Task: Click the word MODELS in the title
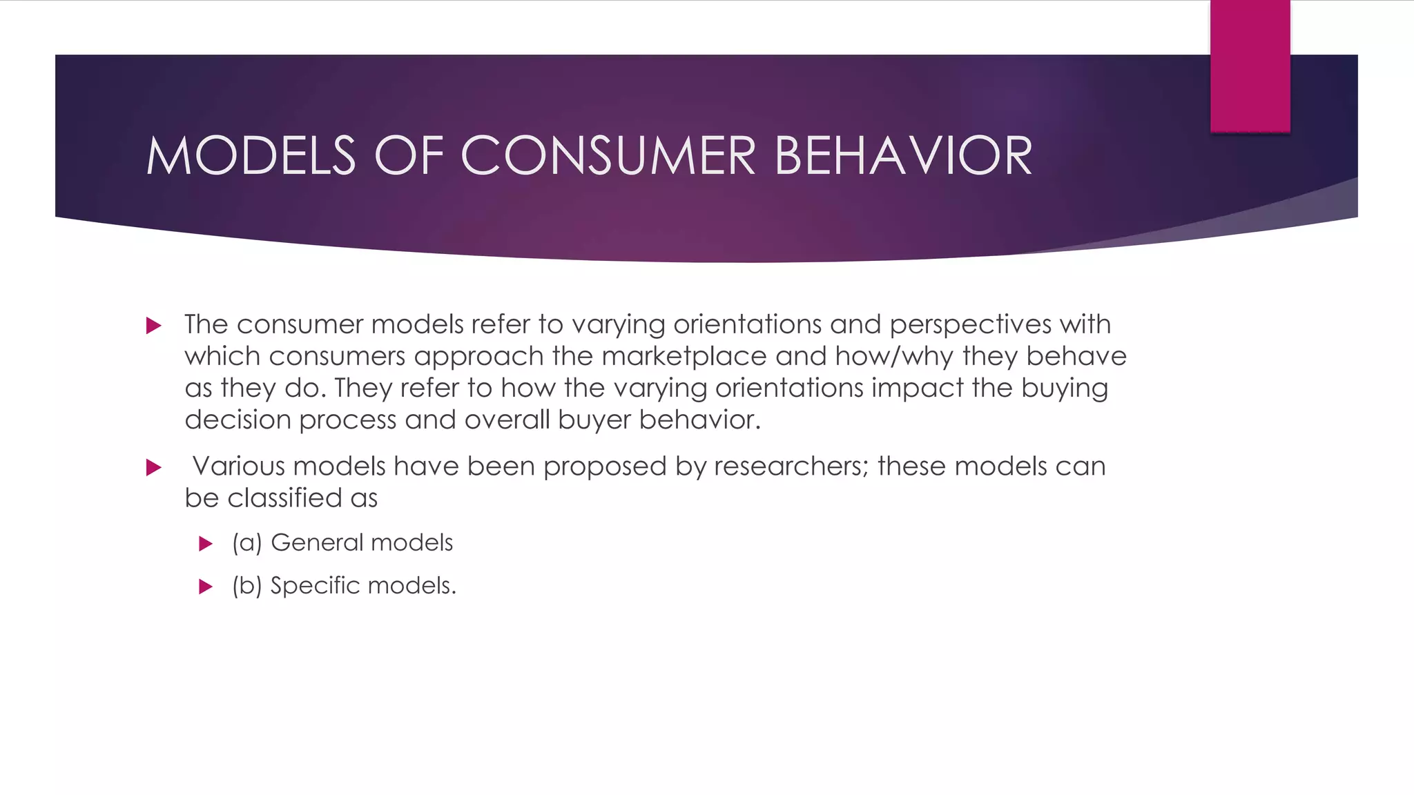tap(251, 156)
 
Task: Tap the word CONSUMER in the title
tap(608, 156)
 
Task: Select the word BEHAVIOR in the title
tap(903, 156)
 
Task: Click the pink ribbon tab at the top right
tap(1250, 66)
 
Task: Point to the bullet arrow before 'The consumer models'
tap(154, 326)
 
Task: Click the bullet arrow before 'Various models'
tap(154, 468)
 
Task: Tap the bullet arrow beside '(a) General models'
tap(205, 544)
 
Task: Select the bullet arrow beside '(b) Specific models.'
tap(205, 587)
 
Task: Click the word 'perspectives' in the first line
tap(970, 325)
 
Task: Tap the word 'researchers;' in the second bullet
tap(791, 467)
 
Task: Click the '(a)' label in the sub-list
tap(247, 543)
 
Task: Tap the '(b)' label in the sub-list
tap(247, 586)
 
